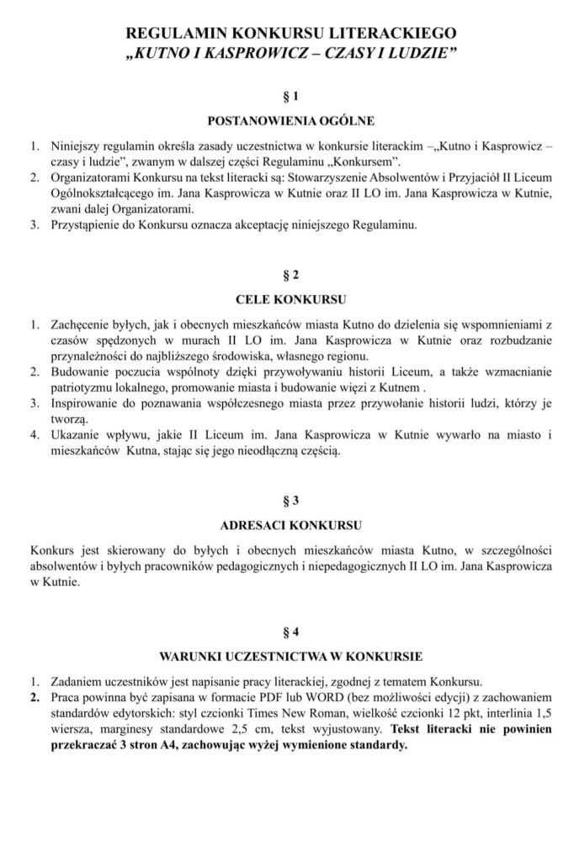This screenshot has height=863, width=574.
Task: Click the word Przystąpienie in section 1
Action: point(86,225)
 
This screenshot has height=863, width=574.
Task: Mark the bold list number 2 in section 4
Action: point(35,699)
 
